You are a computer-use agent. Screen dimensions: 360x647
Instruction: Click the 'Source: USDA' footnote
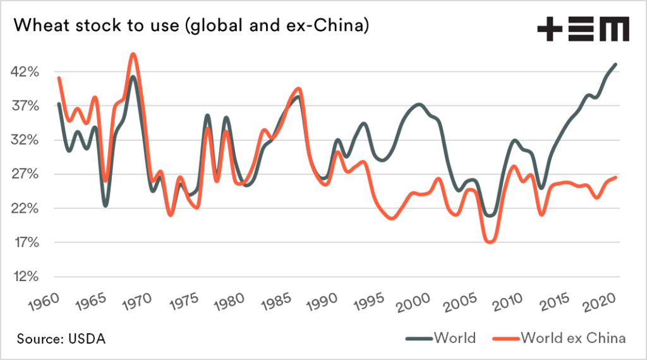click(x=61, y=339)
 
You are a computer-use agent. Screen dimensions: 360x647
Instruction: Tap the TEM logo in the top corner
click(x=583, y=30)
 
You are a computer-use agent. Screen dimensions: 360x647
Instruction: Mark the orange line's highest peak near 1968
click(x=133, y=54)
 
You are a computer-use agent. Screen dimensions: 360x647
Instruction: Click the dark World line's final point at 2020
click(x=616, y=64)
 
